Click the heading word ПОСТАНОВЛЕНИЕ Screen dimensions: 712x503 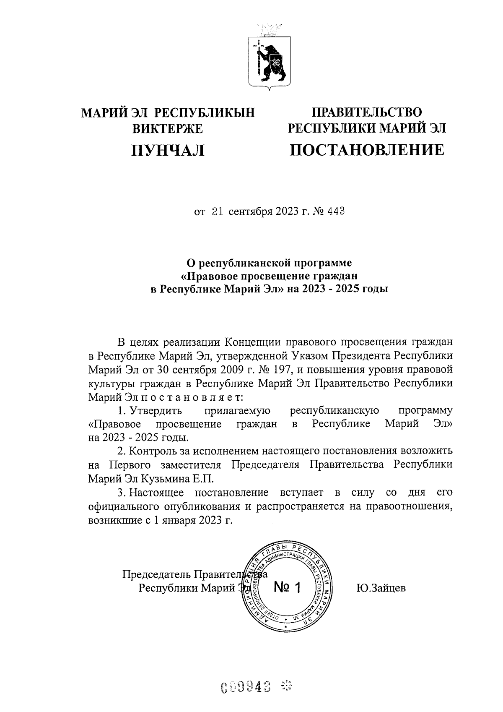point(367,150)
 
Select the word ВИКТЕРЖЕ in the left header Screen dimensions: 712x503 point(168,128)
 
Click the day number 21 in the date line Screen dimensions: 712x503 point(218,211)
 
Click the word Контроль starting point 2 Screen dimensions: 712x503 point(152,451)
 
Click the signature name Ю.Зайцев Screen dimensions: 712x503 point(381,587)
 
